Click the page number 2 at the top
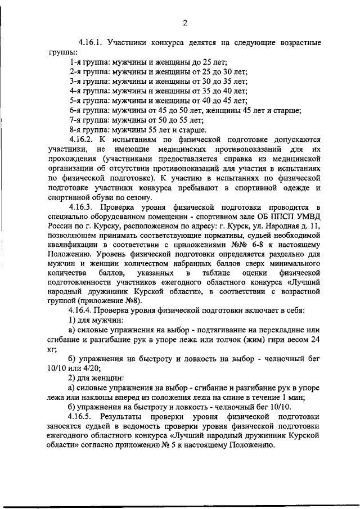click(x=184, y=22)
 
